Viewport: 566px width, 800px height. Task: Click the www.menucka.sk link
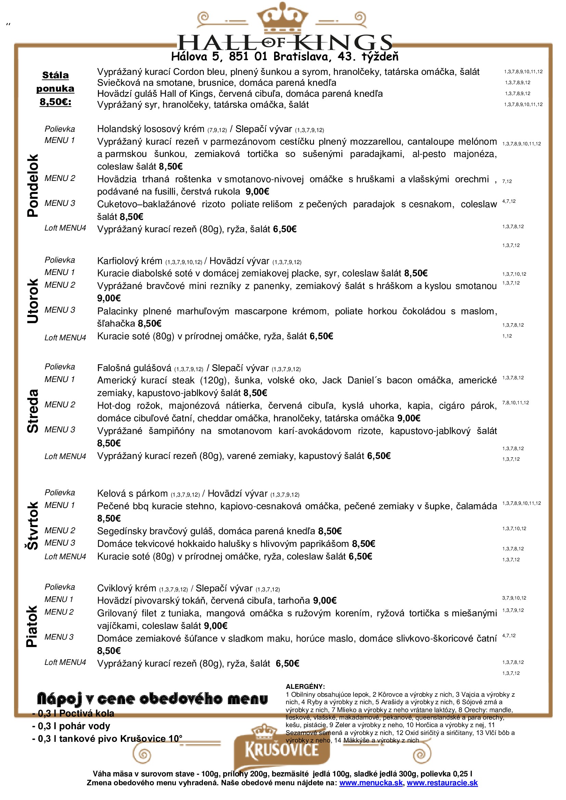tap(371, 783)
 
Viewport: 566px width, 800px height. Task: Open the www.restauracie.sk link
tap(442, 783)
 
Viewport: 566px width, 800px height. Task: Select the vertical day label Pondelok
tap(33, 185)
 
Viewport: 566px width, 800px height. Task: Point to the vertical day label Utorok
tap(33, 301)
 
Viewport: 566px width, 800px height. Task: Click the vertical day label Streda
tap(33, 411)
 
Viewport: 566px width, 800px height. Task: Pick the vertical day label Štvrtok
tap(33, 525)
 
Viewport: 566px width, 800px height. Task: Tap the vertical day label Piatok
tap(32, 627)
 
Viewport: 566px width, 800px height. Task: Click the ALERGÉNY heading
tap(305, 686)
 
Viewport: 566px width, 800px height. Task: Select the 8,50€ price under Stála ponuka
tap(55, 102)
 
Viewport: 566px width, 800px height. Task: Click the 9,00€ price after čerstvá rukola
tap(257, 192)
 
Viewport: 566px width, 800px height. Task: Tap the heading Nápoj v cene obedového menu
tap(152, 699)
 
